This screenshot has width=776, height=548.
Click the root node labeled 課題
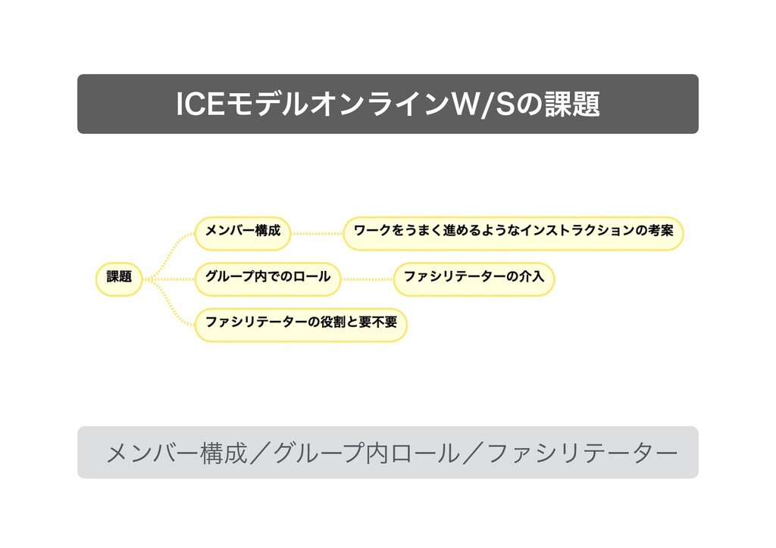[119, 278]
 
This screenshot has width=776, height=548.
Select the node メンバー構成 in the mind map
[242, 232]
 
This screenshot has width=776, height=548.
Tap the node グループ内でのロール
[268, 278]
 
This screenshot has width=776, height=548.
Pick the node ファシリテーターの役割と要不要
[301, 323]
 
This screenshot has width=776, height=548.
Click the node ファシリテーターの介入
[474, 278]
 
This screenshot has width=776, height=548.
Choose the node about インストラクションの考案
[513, 232]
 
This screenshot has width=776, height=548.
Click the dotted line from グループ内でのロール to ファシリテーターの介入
[367, 279]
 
